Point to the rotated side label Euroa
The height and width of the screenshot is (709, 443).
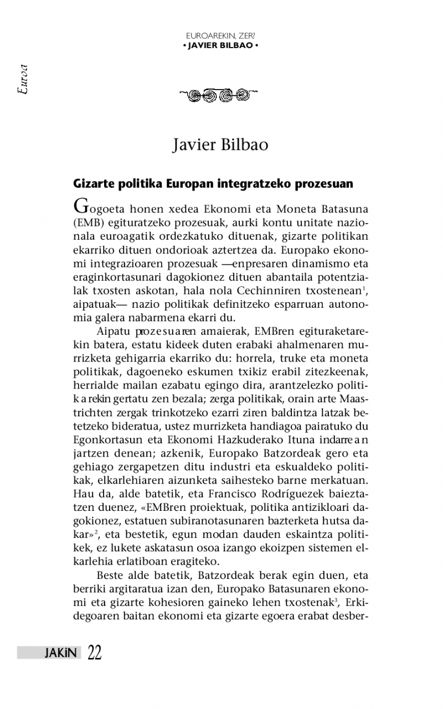[x=23, y=81]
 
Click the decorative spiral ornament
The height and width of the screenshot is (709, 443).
[x=220, y=95]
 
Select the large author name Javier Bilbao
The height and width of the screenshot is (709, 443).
[x=220, y=146]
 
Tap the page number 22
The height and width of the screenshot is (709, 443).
[x=94, y=653]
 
